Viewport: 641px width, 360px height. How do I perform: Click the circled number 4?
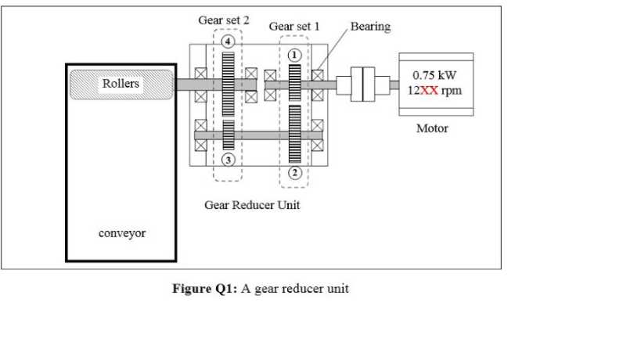click(228, 41)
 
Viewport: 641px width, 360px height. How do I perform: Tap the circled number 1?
click(295, 55)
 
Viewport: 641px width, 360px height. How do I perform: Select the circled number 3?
click(228, 160)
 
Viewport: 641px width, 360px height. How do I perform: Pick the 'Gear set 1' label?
click(294, 27)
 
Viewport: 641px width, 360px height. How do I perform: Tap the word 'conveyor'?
click(121, 233)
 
